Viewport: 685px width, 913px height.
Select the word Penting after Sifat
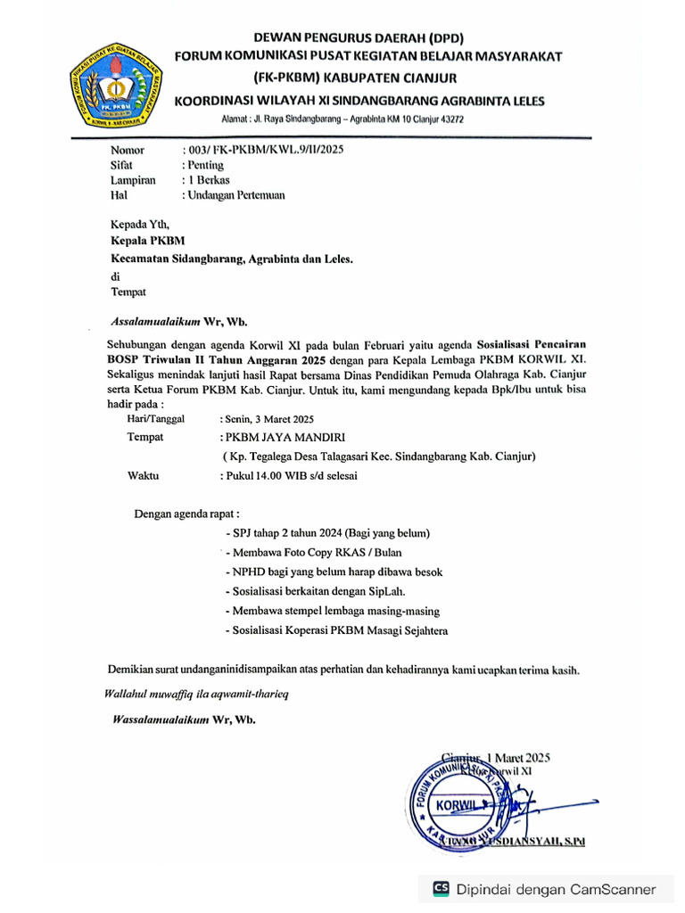[204, 165]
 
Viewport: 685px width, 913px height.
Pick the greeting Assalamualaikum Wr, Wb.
[178, 320]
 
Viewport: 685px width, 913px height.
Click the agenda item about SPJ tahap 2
[329, 533]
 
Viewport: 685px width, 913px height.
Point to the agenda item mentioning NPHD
[334, 572]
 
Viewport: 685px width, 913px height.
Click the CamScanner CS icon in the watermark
[442, 888]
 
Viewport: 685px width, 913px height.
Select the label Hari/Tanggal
[156, 418]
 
